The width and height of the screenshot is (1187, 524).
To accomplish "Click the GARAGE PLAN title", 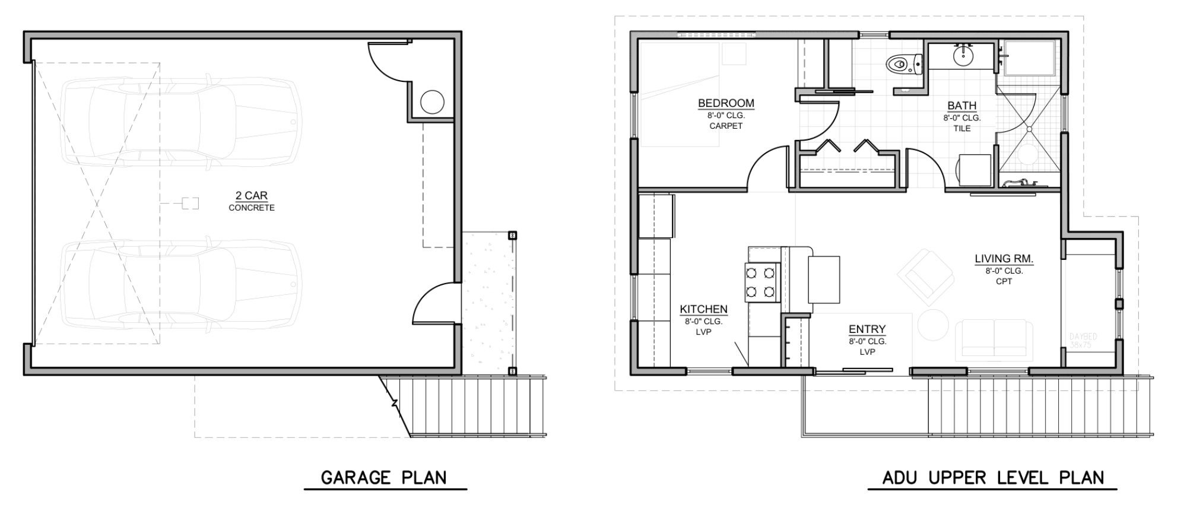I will pyautogui.click(x=383, y=478).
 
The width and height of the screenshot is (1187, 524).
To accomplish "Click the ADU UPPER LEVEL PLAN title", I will pyautogui.click(x=993, y=478).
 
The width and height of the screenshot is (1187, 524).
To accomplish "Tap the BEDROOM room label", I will pyautogui.click(x=726, y=103).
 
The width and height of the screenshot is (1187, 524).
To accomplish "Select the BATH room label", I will pyautogui.click(x=961, y=106).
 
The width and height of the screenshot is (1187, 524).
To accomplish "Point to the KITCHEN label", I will pyautogui.click(x=703, y=309).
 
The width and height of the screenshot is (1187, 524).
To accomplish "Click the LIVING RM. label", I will pyautogui.click(x=1004, y=259).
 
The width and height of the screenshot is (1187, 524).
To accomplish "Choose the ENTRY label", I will pyautogui.click(x=867, y=329).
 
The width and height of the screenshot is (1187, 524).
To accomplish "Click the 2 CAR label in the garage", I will pyautogui.click(x=251, y=195).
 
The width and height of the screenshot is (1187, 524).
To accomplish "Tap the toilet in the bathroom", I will pyautogui.click(x=903, y=64).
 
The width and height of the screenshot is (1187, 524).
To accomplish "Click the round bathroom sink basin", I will pyautogui.click(x=963, y=56).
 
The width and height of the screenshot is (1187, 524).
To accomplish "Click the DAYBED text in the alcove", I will pyautogui.click(x=1083, y=337).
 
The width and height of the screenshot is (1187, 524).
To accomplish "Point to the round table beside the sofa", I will pyautogui.click(x=933, y=325).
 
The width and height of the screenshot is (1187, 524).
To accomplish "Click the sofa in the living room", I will pyautogui.click(x=994, y=338).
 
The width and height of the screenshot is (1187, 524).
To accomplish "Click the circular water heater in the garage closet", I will pyautogui.click(x=432, y=102).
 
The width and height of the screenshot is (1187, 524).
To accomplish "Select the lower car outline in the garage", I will pyautogui.click(x=181, y=285).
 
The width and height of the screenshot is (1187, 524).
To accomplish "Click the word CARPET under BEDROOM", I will pyautogui.click(x=726, y=126).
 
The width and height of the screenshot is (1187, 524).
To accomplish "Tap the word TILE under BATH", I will pyautogui.click(x=961, y=128).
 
